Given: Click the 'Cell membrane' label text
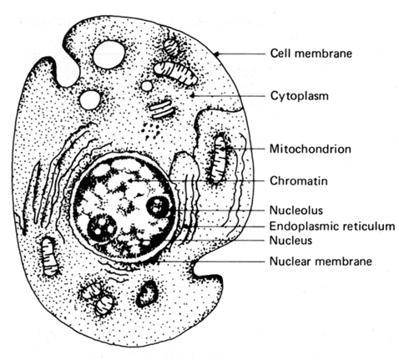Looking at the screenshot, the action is [x=311, y=53].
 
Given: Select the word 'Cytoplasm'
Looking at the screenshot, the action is [x=300, y=96].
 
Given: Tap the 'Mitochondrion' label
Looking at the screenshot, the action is [x=311, y=149].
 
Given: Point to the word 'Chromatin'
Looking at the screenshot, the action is [x=299, y=181].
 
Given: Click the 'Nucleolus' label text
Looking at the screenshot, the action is [x=296, y=210].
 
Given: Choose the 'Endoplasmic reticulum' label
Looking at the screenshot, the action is [x=332, y=226].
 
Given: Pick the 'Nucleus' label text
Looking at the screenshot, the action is [x=290, y=241].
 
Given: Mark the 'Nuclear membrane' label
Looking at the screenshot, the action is [x=321, y=261].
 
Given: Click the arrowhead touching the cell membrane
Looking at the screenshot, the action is [x=217, y=53].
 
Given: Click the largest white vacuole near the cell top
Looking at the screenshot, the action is [x=109, y=54].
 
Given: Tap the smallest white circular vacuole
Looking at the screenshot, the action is [x=147, y=86].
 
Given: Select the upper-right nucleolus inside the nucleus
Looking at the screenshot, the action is [x=158, y=207].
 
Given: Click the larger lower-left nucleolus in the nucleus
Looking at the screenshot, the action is [x=102, y=229].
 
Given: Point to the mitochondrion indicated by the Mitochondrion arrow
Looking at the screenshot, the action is [x=219, y=158].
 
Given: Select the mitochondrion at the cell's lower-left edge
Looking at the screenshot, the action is [x=49, y=256].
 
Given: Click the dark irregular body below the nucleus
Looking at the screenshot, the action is [x=146, y=294].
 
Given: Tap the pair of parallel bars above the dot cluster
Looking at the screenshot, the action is [x=160, y=109].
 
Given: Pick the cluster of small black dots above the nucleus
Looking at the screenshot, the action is [x=150, y=129].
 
